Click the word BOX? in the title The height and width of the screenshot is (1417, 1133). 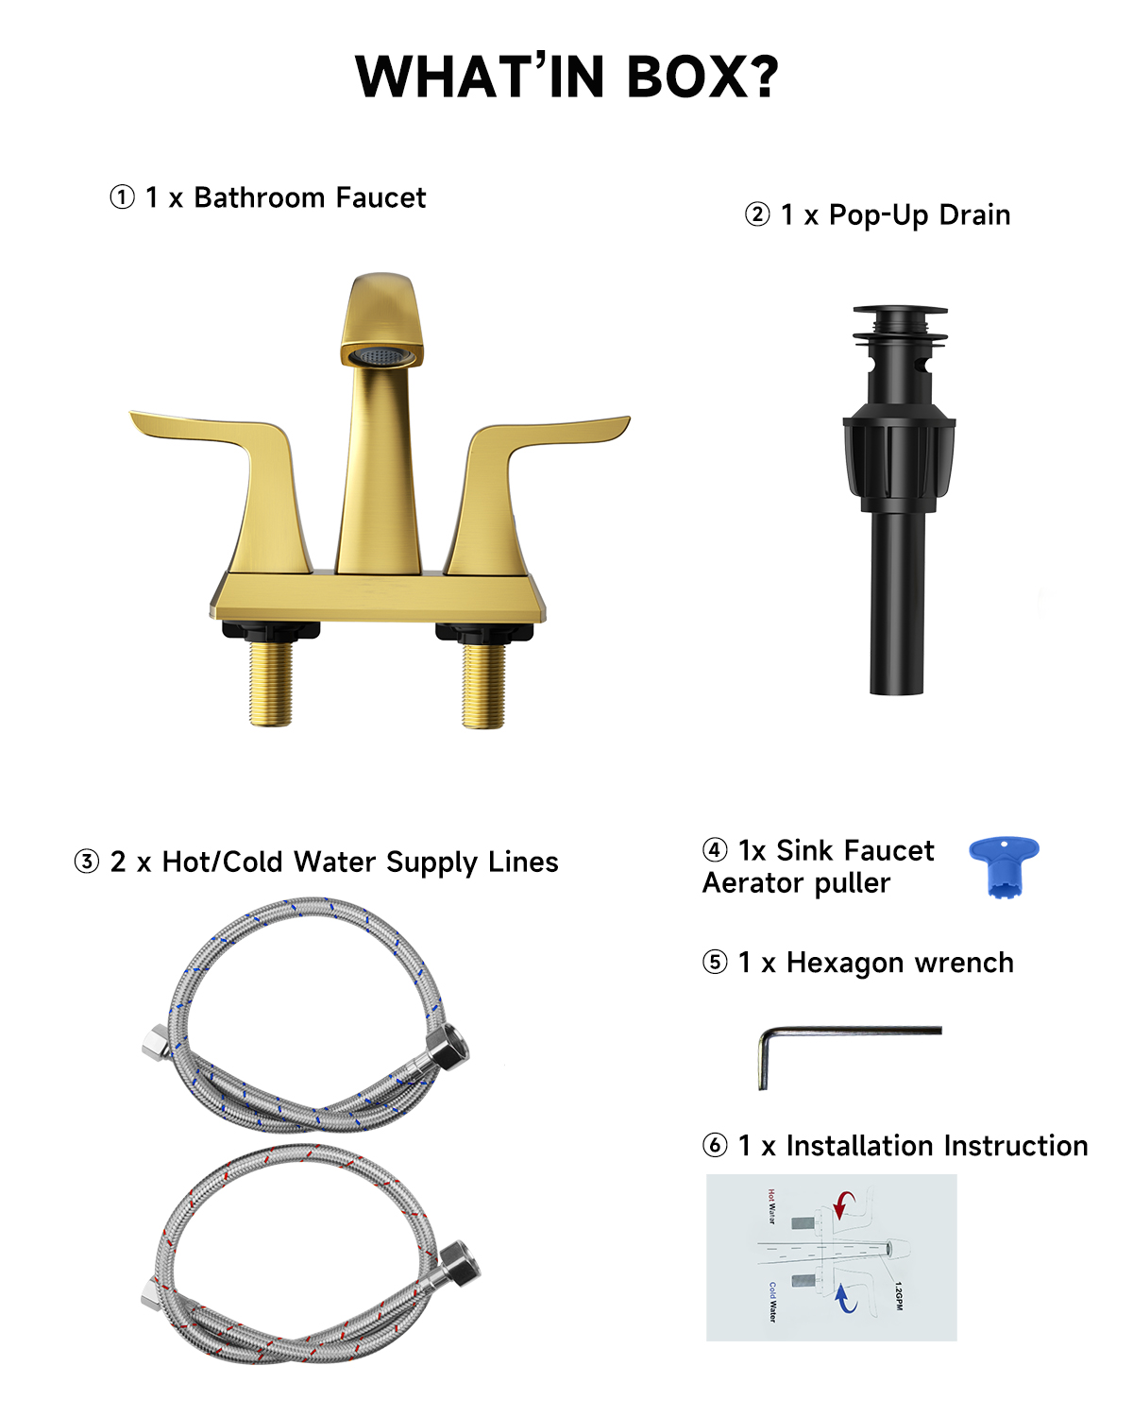coord(702,77)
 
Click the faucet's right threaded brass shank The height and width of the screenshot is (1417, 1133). coord(483,684)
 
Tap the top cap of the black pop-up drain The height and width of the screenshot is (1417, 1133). coord(900,312)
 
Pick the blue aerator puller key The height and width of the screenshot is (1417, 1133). coord(1004,862)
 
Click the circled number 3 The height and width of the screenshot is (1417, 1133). coord(87,862)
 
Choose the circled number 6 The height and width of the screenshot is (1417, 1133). coord(716,1146)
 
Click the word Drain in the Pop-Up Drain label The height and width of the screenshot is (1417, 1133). coord(974,215)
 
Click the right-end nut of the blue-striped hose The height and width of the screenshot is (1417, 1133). coord(448,1048)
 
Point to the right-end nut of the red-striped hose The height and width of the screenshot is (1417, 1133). coord(460,1262)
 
